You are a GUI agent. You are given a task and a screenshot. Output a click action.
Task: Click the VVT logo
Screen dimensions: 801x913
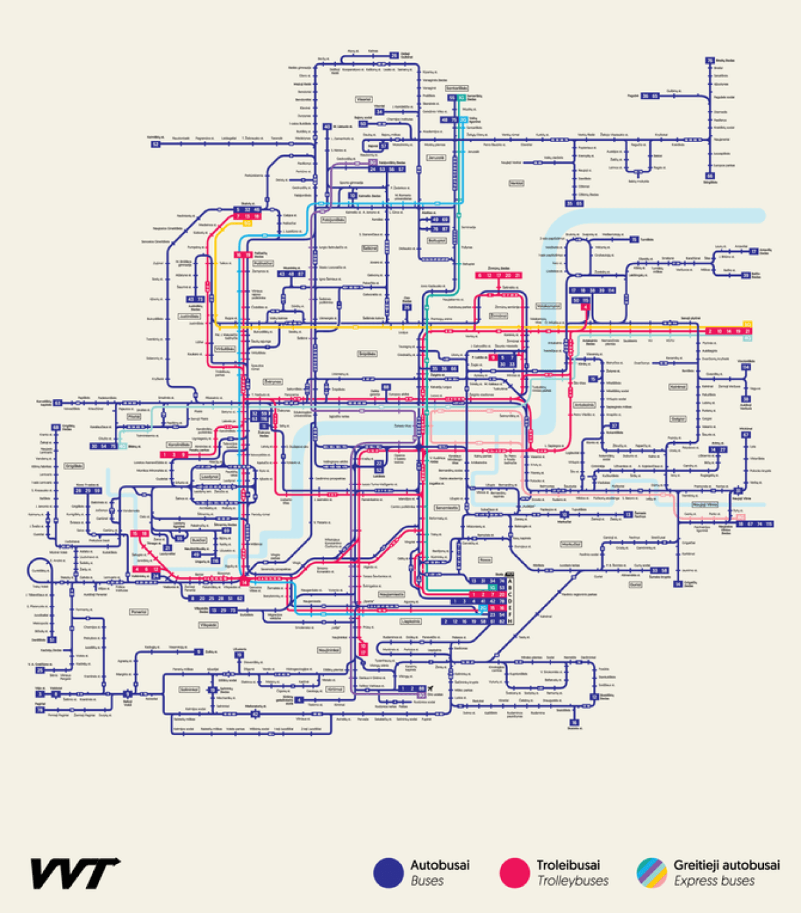click(x=75, y=873)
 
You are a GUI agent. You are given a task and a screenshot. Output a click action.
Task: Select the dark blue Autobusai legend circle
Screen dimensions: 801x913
click(x=388, y=873)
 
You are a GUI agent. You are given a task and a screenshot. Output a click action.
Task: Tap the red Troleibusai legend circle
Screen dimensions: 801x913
click(x=514, y=873)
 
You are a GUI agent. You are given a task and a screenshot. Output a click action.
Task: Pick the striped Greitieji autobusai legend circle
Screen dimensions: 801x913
click(x=652, y=873)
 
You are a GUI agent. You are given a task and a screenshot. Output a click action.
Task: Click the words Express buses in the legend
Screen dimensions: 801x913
click(x=714, y=881)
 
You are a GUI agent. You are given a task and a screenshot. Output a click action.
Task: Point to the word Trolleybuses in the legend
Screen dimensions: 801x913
click(x=572, y=881)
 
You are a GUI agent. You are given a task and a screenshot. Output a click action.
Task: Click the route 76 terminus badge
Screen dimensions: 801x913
click(x=710, y=61)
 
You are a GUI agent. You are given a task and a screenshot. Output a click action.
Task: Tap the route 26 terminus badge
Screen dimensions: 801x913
click(x=394, y=56)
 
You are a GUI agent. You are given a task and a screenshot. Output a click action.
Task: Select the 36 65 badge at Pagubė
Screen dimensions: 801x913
click(x=650, y=96)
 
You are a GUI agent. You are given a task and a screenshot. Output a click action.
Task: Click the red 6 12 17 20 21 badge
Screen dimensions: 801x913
click(x=499, y=276)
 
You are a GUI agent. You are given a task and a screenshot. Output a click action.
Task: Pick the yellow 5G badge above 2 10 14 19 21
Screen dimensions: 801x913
click(x=748, y=324)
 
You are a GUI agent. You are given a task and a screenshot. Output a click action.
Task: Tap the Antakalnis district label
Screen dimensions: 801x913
click(x=584, y=405)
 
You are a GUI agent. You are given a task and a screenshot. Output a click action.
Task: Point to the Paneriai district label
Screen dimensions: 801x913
click(x=138, y=612)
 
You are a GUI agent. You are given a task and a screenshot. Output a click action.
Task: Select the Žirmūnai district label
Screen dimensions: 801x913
click(x=498, y=316)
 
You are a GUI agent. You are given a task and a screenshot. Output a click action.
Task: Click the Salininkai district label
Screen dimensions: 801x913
click(x=189, y=689)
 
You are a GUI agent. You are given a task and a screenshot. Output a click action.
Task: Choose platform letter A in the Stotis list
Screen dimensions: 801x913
click(x=511, y=580)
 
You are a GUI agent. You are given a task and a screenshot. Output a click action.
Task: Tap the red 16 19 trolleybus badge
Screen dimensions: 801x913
click(x=243, y=255)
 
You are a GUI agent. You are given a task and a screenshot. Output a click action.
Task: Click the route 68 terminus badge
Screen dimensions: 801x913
click(x=56, y=428)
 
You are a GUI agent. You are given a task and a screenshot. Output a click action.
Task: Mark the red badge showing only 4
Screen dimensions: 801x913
click(x=585, y=307)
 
